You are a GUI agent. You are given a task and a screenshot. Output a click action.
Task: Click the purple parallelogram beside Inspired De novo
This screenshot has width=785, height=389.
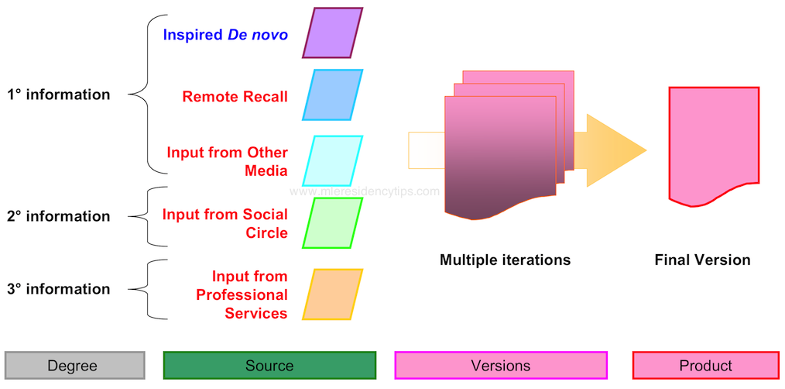332,33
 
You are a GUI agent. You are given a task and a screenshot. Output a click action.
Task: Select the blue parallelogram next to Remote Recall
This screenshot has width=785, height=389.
332,95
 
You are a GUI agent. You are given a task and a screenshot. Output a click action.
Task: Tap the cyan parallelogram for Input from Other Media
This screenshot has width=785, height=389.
332,160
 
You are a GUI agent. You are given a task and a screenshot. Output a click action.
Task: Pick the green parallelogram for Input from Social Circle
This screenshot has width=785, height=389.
332,222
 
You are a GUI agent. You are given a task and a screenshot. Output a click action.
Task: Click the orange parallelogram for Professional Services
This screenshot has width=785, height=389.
332,294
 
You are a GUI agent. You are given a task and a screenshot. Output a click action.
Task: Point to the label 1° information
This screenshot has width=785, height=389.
59,95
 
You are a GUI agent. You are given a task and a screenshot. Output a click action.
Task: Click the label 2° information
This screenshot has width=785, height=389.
59,216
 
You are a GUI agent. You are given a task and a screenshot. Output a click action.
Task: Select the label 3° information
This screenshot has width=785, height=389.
59,289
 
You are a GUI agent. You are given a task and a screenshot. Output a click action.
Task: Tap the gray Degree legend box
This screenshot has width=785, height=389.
74,365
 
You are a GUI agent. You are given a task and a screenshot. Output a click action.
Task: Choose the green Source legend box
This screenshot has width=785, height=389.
269,365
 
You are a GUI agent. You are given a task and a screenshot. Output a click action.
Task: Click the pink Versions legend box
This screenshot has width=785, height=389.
501,365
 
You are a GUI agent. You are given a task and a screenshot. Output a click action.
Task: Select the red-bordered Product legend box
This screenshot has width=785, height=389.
705,365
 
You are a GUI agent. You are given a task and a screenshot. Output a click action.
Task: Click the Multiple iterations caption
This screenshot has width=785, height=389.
505,260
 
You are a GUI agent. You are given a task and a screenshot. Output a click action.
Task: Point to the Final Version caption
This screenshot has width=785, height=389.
702,260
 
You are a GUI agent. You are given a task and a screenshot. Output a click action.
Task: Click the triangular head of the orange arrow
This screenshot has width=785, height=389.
615,150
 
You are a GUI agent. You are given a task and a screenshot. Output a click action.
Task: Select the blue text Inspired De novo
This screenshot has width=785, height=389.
225,35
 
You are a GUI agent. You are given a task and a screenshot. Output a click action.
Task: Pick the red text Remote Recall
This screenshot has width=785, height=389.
235,97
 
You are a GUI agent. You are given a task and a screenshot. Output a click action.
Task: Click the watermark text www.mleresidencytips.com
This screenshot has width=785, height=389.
365,191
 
